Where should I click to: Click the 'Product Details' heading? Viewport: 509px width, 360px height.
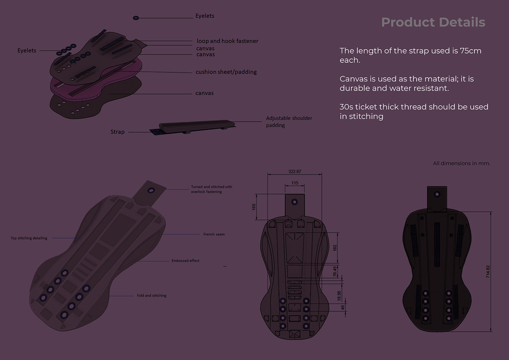pos(433,22)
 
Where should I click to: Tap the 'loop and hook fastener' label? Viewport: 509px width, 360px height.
pos(227,41)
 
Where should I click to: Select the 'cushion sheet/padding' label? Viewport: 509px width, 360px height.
pos(226,72)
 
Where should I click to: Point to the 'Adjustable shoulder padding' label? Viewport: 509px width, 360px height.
pos(289,121)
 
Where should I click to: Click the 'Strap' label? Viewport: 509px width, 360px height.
pos(117,132)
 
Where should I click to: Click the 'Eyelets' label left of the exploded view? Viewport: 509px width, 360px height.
pos(27,51)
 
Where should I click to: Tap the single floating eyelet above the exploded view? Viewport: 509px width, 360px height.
pos(136,18)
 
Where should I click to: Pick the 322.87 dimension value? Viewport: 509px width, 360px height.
pos(294,172)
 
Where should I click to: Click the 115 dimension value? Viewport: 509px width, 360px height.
pos(294,183)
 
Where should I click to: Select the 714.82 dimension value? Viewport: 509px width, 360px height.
pos(488,272)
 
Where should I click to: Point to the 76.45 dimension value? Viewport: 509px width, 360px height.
pos(335,271)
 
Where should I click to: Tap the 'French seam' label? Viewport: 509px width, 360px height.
pos(214,235)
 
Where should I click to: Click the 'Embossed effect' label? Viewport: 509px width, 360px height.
pos(185,261)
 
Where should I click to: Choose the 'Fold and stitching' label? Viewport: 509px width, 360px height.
pos(152,296)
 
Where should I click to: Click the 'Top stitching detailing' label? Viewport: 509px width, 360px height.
pos(29,238)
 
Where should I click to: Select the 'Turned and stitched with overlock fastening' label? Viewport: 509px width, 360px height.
pos(211,189)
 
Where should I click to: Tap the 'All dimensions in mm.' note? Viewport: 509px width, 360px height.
pos(461,163)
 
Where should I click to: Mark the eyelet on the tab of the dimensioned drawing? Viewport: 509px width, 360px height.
pos(294,202)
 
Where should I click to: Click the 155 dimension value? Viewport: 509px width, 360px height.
pos(254,207)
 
